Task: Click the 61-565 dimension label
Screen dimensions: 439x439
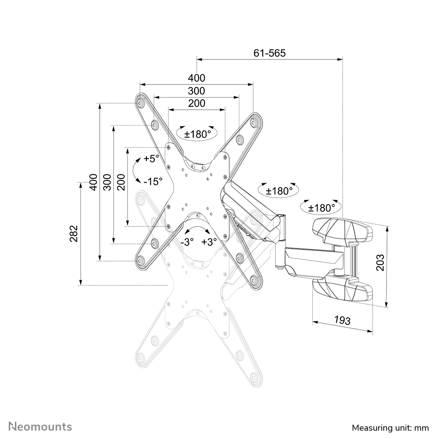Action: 269,53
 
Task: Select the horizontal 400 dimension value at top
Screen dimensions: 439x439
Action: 196,78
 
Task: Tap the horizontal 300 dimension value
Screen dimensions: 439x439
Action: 196,91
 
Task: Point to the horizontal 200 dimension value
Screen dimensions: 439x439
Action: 196,104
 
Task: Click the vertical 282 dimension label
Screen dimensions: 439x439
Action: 74,233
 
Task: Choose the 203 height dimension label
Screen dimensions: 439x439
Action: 380,262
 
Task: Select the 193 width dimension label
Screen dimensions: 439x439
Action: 342,320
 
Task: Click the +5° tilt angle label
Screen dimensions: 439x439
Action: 152,159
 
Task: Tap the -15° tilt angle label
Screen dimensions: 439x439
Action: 153,180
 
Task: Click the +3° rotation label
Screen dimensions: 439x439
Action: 209,242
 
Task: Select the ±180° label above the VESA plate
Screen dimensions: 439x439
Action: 197,134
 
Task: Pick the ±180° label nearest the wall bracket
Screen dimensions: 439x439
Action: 321,207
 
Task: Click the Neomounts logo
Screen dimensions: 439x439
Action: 41,426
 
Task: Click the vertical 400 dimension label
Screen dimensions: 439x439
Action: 93,181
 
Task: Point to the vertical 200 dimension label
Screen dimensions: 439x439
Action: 121,181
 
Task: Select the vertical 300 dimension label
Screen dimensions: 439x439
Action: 107,181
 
